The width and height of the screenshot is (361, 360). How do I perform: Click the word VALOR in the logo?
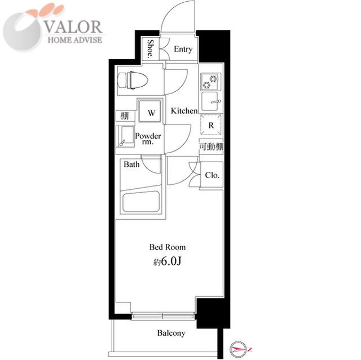point(73,26)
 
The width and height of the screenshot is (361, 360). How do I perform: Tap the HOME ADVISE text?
point(75,40)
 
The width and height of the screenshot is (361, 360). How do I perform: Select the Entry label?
point(183,49)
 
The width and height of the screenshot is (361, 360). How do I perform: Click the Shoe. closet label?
point(150,48)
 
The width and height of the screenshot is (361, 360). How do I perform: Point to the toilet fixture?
point(133,80)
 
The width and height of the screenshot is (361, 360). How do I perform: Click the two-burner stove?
point(210,82)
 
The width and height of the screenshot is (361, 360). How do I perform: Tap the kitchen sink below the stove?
point(211,101)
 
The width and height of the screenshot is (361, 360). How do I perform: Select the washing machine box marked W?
point(150,111)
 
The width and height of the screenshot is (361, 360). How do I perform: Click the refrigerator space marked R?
point(211,125)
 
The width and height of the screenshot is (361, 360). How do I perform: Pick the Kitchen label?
point(184,111)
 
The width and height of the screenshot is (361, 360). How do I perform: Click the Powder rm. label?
point(148,139)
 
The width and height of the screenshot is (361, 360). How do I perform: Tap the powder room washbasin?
point(125,136)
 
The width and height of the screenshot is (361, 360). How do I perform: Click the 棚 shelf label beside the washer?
point(125,116)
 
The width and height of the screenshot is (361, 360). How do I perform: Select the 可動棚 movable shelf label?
point(211,146)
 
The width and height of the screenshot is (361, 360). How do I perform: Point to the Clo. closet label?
point(212,175)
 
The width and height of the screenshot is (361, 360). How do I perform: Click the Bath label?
point(131,164)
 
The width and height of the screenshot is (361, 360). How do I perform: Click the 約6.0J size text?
point(168,261)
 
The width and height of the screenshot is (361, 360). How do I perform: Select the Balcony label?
point(171,333)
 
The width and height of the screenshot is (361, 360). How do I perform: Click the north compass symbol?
point(240,350)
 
